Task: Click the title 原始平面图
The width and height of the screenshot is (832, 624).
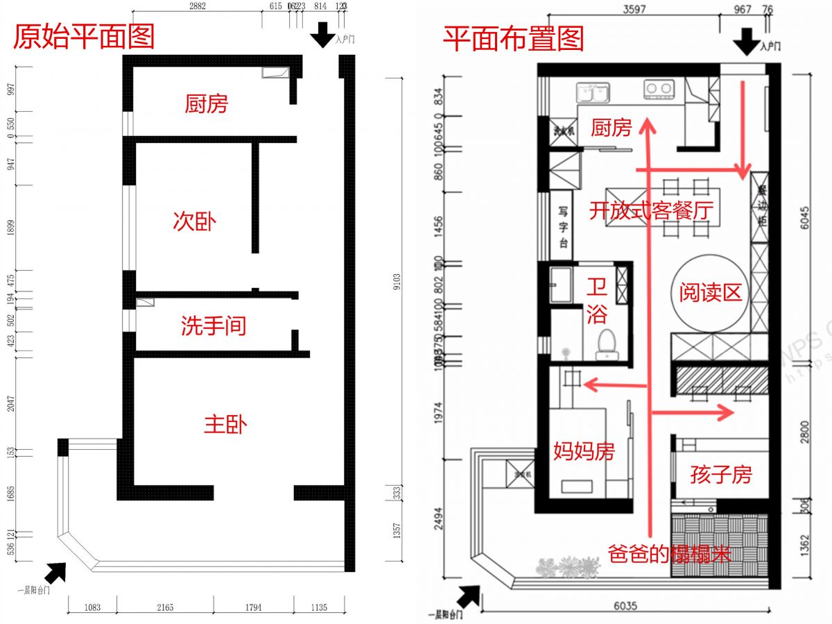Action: [x=84, y=37]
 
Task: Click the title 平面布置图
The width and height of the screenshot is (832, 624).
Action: [x=513, y=38]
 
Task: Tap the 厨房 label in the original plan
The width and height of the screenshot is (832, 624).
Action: [x=206, y=104]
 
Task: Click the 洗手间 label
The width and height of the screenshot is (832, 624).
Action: [x=214, y=326]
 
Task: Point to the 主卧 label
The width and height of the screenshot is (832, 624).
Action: [x=225, y=425]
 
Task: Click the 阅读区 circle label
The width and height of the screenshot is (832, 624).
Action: [x=710, y=292]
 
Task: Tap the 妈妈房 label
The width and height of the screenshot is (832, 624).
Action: [x=584, y=451]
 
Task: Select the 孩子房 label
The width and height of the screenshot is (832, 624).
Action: [x=721, y=475]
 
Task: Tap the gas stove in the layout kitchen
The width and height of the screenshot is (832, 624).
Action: [x=659, y=89]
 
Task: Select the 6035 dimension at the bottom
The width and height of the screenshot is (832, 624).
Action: [x=626, y=605]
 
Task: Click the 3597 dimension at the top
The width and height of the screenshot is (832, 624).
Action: [x=633, y=10]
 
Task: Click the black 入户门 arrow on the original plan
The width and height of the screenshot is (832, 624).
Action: [x=322, y=35]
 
